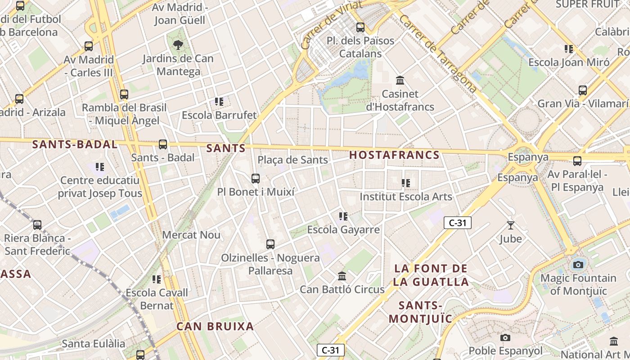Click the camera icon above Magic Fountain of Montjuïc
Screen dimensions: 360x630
coord(578,264)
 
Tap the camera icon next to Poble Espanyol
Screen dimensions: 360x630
coord(505,337)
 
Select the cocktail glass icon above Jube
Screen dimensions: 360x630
coord(510,225)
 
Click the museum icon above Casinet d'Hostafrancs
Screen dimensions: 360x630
coord(400,81)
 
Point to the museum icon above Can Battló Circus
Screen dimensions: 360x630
coord(342,276)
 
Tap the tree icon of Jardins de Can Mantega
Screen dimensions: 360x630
coord(178,45)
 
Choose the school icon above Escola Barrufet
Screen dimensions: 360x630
coord(219,102)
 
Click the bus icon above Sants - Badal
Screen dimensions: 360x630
coord(163,144)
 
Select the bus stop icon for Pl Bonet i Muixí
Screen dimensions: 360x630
coord(256,179)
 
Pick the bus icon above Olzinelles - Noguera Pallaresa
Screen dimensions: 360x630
coord(270,244)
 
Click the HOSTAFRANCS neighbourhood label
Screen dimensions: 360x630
coord(394,155)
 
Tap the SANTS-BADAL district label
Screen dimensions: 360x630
coord(75,144)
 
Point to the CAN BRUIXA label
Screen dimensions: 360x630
coord(215,327)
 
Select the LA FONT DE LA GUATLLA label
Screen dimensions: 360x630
coord(431,275)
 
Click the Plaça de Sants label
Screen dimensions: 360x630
coord(292,160)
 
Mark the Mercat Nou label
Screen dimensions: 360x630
coord(191,235)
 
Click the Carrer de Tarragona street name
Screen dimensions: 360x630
coord(437,53)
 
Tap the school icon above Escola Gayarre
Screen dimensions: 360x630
coord(343,216)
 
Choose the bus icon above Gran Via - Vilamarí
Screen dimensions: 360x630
coord(583,90)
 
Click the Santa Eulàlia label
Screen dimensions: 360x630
coord(94,344)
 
